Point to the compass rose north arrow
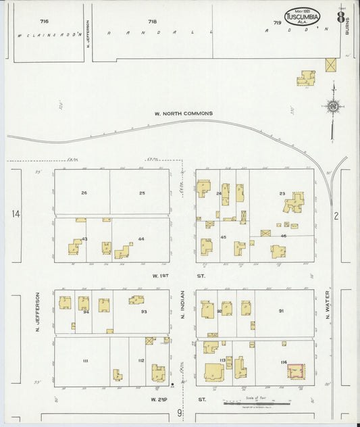(x=332, y=105)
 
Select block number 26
(x=84, y=193)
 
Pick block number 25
(x=142, y=193)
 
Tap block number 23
(x=282, y=193)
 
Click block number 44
(x=141, y=239)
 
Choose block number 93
(x=144, y=311)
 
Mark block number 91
(x=281, y=311)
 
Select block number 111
(x=86, y=361)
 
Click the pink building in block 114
(x=295, y=372)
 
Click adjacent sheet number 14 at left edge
(x=16, y=214)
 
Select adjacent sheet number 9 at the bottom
(x=180, y=412)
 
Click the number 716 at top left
(x=45, y=22)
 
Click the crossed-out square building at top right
(x=330, y=65)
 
